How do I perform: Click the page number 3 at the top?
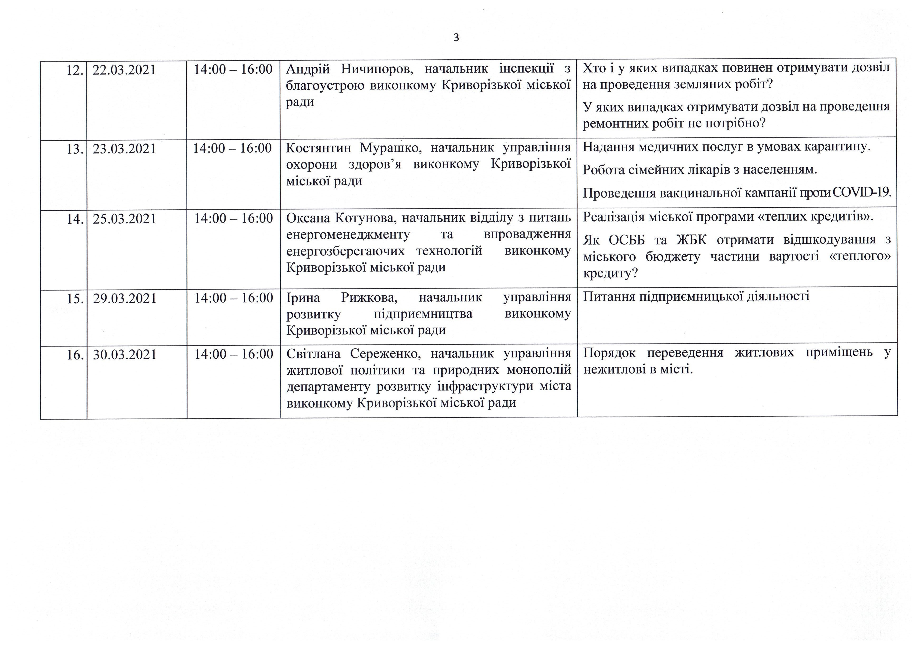coord(456,38)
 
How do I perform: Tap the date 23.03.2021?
coord(124,149)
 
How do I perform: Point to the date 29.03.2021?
coord(124,299)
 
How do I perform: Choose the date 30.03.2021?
coord(124,354)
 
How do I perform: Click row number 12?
coord(75,70)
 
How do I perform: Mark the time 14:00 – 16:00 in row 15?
coord(234,298)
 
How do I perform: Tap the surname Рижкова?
coord(369,298)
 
